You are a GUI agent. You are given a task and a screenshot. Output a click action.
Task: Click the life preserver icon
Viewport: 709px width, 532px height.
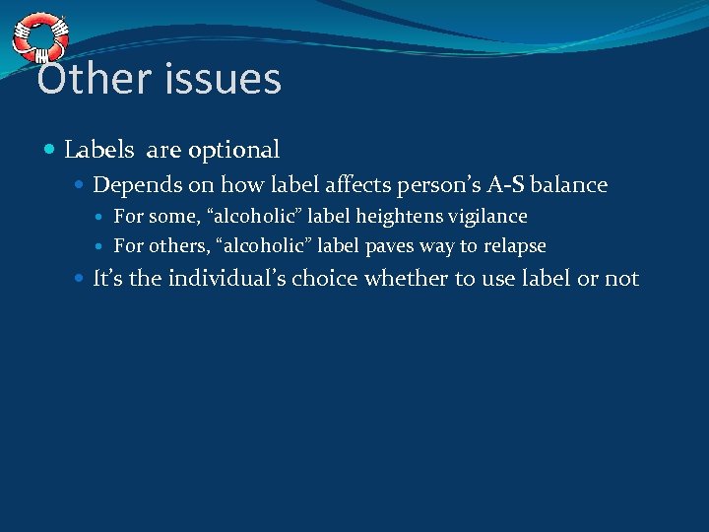[x=39, y=37]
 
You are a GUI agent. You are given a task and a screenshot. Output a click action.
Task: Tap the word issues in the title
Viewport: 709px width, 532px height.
[x=219, y=80]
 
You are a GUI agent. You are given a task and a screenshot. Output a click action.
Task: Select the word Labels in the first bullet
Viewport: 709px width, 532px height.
[x=98, y=150]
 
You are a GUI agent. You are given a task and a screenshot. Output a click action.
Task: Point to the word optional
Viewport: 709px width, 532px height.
[x=234, y=151]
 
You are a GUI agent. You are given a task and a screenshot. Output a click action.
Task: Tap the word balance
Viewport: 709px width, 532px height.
[x=569, y=185]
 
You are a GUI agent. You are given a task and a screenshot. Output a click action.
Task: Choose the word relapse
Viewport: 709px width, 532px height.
[x=513, y=246]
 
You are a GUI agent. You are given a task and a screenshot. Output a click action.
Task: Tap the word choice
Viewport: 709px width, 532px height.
[x=396, y=279]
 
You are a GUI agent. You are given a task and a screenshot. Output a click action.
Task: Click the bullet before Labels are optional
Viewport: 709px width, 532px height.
[x=51, y=151]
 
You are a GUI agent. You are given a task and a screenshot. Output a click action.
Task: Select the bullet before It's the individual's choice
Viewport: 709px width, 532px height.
[x=80, y=279]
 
